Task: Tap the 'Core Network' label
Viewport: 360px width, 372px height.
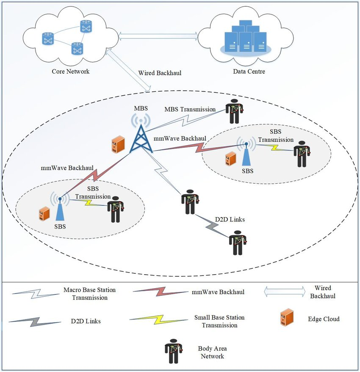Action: pos(71,71)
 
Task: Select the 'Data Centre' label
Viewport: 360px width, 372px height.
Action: pos(249,71)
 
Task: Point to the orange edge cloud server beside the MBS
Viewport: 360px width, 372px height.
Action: pos(116,145)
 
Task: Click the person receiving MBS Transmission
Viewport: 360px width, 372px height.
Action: pos(233,112)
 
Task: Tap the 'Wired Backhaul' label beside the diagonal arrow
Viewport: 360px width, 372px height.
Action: pos(160,73)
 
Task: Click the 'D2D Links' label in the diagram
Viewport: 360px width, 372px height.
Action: pos(230,220)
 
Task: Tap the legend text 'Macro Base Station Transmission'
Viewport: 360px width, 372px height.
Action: pos(89,293)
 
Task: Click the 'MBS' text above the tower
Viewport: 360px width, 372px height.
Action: pos(141,108)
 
